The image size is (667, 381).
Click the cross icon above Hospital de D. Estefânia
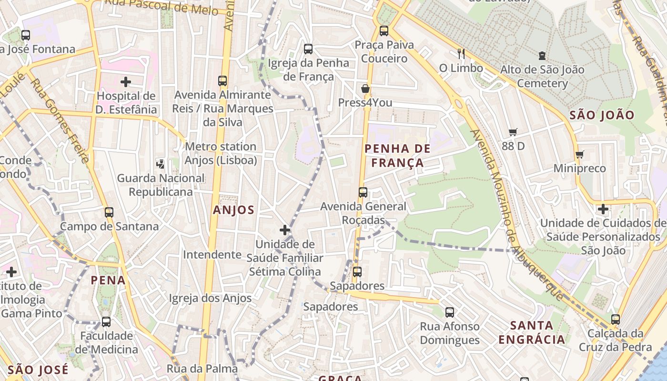[126, 82]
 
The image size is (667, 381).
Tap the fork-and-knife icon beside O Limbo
[461, 53]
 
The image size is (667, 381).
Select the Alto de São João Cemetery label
[542, 77]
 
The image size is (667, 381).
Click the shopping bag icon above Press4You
[365, 89]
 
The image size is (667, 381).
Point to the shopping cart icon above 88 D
[513, 132]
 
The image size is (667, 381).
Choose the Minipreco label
[579, 168]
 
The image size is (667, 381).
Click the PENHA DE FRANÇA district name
[397, 156]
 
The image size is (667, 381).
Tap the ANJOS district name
[233, 210]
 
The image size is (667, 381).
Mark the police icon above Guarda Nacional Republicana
[161, 164]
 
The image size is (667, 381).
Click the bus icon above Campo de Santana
[109, 212]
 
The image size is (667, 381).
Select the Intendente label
[212, 254]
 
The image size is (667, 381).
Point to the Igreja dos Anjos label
[210, 299]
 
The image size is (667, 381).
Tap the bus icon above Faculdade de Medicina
[106, 322]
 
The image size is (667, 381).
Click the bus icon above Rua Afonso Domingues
[450, 312]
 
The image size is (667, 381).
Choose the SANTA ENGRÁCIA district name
[532, 332]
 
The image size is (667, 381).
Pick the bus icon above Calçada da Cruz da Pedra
[616, 320]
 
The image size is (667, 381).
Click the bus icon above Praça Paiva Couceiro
[384, 31]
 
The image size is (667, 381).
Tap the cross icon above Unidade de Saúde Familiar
[285, 231]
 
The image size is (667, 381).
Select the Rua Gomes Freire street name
[61, 121]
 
